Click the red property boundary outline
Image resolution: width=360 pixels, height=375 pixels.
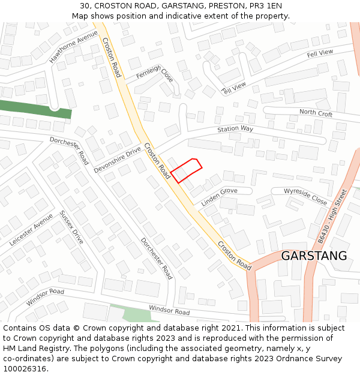186,170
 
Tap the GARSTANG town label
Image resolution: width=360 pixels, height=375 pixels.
314,256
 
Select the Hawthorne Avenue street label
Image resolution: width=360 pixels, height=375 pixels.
73,47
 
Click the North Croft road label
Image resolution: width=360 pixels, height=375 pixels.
316,113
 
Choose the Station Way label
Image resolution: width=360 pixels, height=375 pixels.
235,129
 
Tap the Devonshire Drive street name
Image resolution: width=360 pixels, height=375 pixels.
117,159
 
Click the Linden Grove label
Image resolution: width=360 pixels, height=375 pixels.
219,197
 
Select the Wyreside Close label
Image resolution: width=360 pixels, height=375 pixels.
305,196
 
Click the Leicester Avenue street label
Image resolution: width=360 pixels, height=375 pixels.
31,229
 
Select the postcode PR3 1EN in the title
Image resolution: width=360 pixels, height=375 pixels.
265,5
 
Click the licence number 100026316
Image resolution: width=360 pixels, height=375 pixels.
25,368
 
